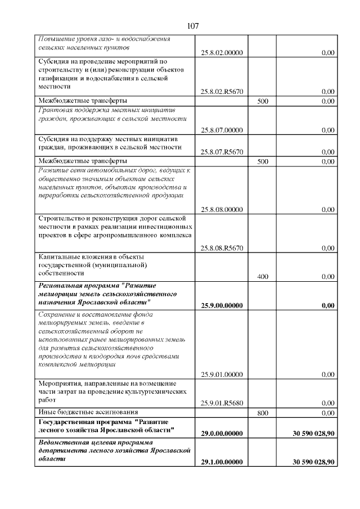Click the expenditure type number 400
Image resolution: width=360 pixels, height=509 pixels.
tap(263, 277)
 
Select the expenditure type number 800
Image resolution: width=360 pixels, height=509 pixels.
tap(263, 412)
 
